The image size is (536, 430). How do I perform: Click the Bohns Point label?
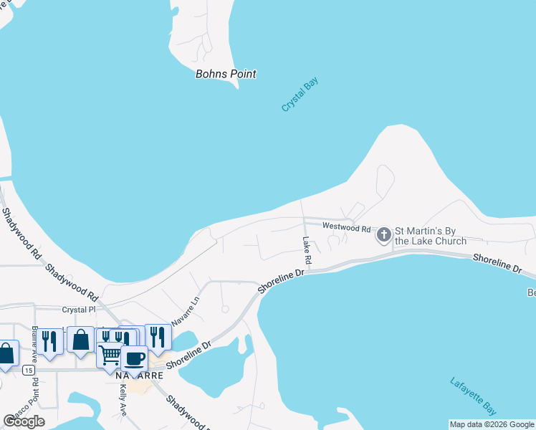click(x=226, y=74)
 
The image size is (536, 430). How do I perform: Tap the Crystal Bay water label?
click(x=300, y=94)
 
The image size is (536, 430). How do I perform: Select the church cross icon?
click(x=384, y=234)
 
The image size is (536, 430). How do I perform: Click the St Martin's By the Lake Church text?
click(x=431, y=236)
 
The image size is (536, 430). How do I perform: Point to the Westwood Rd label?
click(x=346, y=228)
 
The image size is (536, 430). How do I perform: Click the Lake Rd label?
click(x=307, y=249)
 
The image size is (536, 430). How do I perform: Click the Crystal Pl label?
click(x=78, y=310)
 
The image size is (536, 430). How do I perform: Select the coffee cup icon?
click(x=134, y=358)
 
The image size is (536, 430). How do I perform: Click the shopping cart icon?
click(x=109, y=355)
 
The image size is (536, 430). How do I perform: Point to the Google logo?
click(x=24, y=421)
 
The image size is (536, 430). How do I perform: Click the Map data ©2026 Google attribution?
click(x=492, y=424)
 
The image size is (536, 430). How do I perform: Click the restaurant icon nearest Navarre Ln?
click(x=158, y=336)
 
